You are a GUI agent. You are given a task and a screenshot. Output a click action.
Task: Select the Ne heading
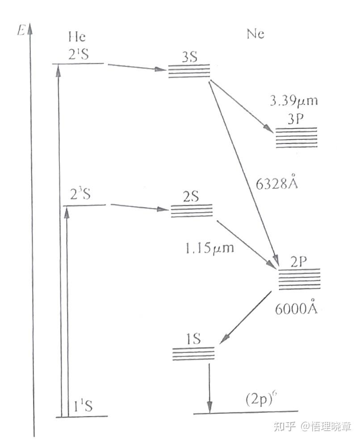click(255, 34)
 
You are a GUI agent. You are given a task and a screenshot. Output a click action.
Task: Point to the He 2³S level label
click(81, 195)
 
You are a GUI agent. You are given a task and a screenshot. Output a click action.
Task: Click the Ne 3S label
click(189, 57)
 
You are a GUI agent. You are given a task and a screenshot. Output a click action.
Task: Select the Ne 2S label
click(191, 198)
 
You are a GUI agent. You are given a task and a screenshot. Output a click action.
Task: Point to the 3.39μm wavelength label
click(294, 101)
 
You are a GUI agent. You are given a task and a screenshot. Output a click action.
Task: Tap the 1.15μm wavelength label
click(210, 248)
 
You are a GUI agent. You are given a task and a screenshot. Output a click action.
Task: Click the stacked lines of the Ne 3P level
click(297, 137)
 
